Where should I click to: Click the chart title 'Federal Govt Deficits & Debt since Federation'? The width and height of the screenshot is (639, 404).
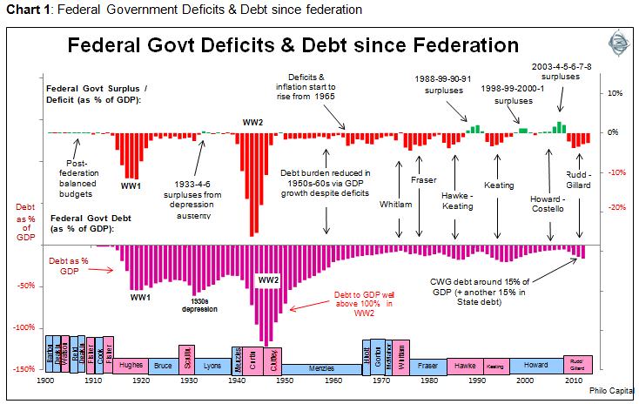click(x=293, y=45)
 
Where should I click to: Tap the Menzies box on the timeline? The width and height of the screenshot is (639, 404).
click(x=321, y=368)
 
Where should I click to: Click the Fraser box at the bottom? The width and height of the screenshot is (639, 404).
click(x=428, y=366)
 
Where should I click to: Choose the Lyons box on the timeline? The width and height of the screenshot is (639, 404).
click(x=212, y=366)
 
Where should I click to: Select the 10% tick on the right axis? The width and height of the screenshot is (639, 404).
click(x=613, y=92)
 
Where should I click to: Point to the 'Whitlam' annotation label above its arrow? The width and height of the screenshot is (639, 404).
click(x=397, y=204)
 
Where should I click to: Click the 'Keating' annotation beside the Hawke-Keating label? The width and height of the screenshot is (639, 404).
click(x=499, y=185)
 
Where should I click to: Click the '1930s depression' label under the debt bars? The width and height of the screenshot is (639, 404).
click(x=198, y=305)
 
